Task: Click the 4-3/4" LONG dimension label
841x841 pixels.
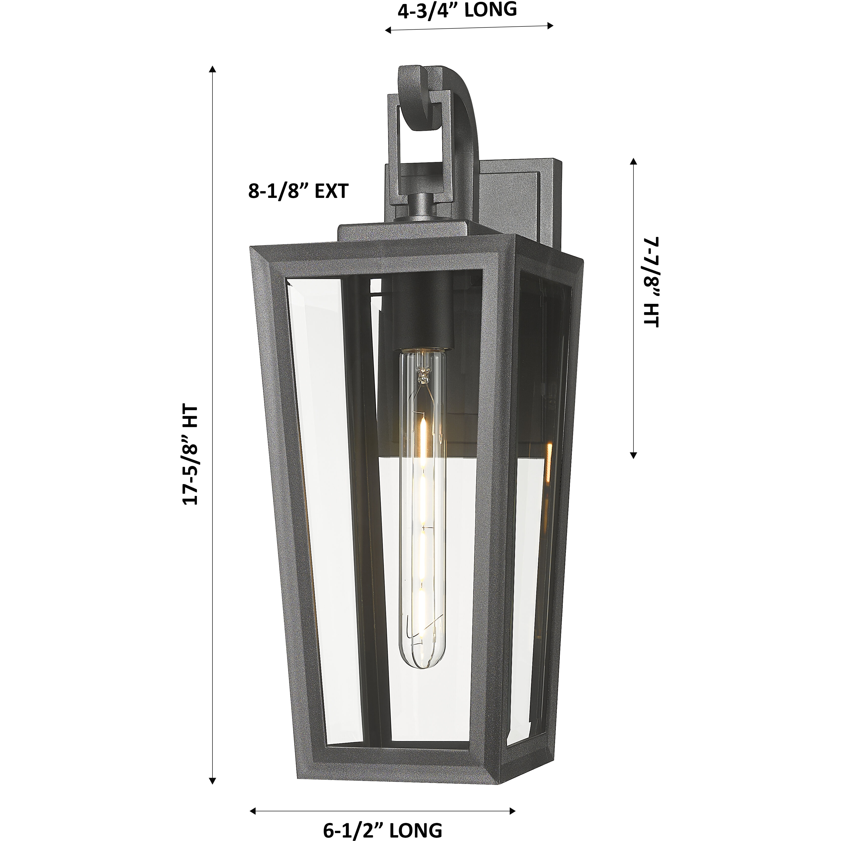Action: click(x=457, y=10)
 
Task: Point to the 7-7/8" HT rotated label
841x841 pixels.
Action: click(x=651, y=282)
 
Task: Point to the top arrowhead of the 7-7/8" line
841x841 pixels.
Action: click(x=633, y=162)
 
